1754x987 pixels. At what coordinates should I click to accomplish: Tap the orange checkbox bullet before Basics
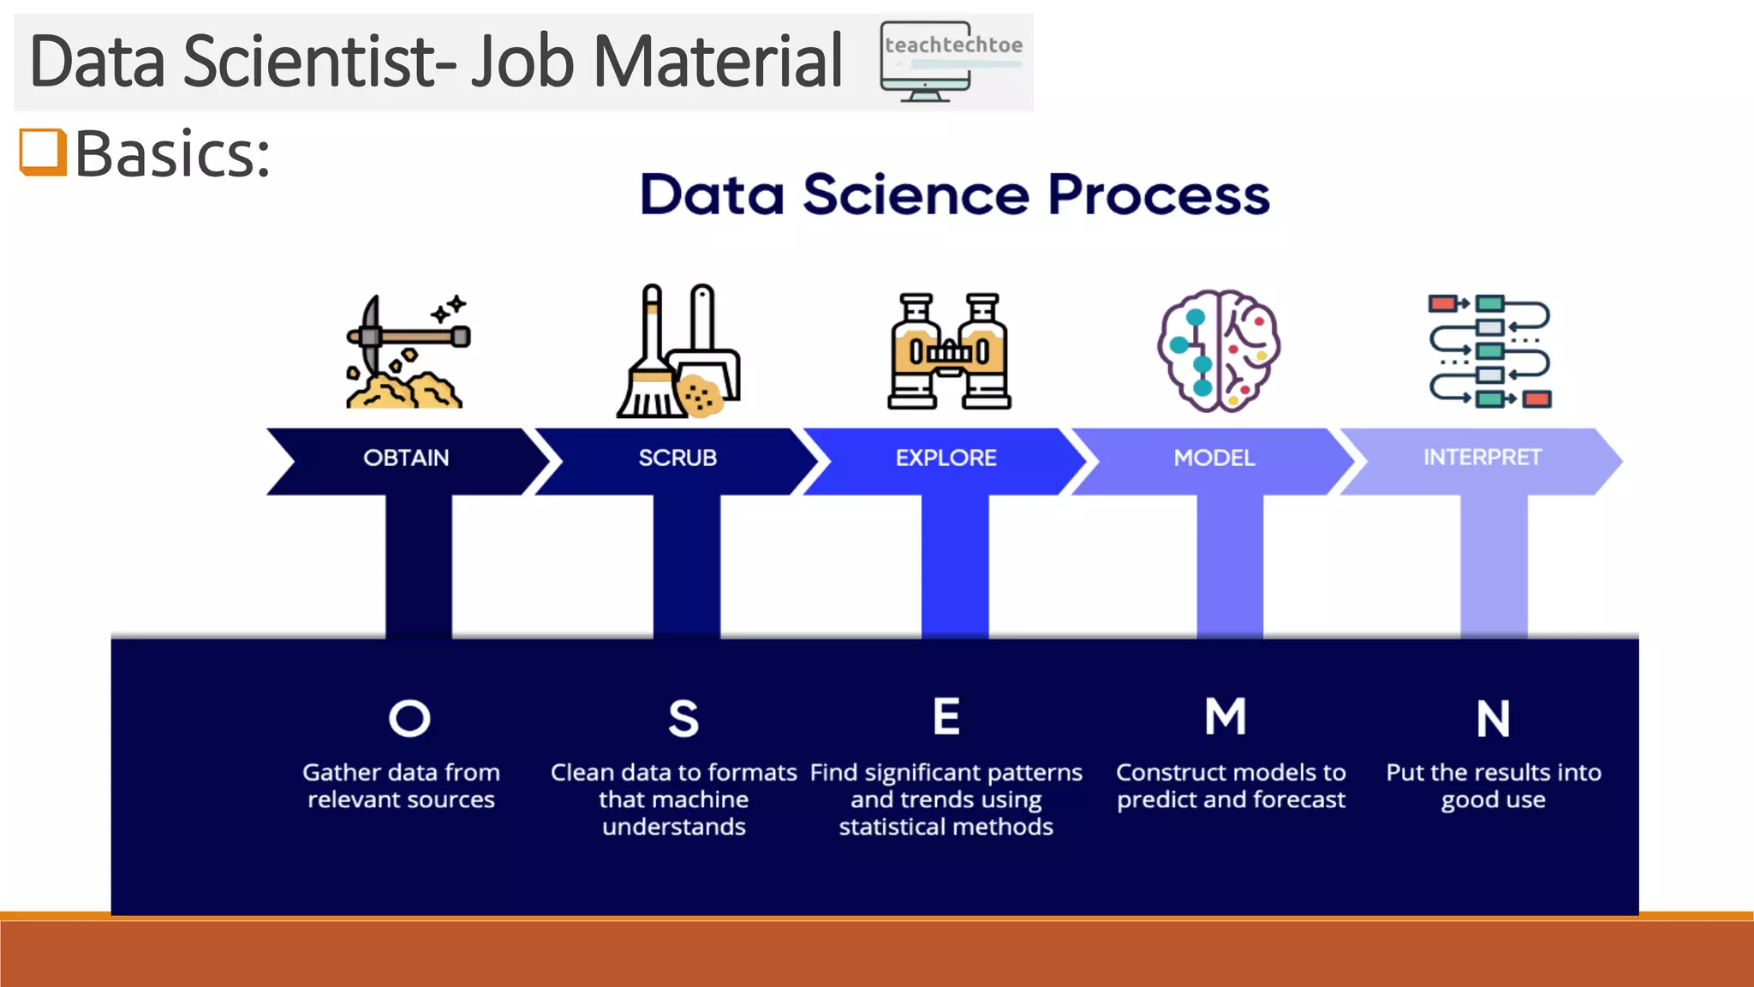[42, 152]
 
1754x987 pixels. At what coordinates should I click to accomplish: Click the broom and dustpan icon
[678, 351]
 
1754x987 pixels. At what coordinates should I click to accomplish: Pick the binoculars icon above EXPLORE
[949, 351]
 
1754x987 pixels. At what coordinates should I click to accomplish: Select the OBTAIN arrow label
[406, 458]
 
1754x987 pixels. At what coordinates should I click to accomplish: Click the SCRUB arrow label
[677, 458]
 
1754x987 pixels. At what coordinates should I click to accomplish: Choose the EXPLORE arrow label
[946, 458]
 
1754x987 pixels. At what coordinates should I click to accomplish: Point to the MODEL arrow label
[1214, 458]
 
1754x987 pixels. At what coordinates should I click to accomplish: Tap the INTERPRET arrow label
[1482, 458]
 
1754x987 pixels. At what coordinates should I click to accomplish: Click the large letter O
[409, 718]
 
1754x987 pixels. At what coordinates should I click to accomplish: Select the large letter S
[683, 718]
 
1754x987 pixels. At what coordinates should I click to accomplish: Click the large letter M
[1226, 716]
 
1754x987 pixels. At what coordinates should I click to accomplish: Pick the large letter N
[1493, 718]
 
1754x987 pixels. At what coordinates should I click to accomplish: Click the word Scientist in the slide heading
[319, 62]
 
